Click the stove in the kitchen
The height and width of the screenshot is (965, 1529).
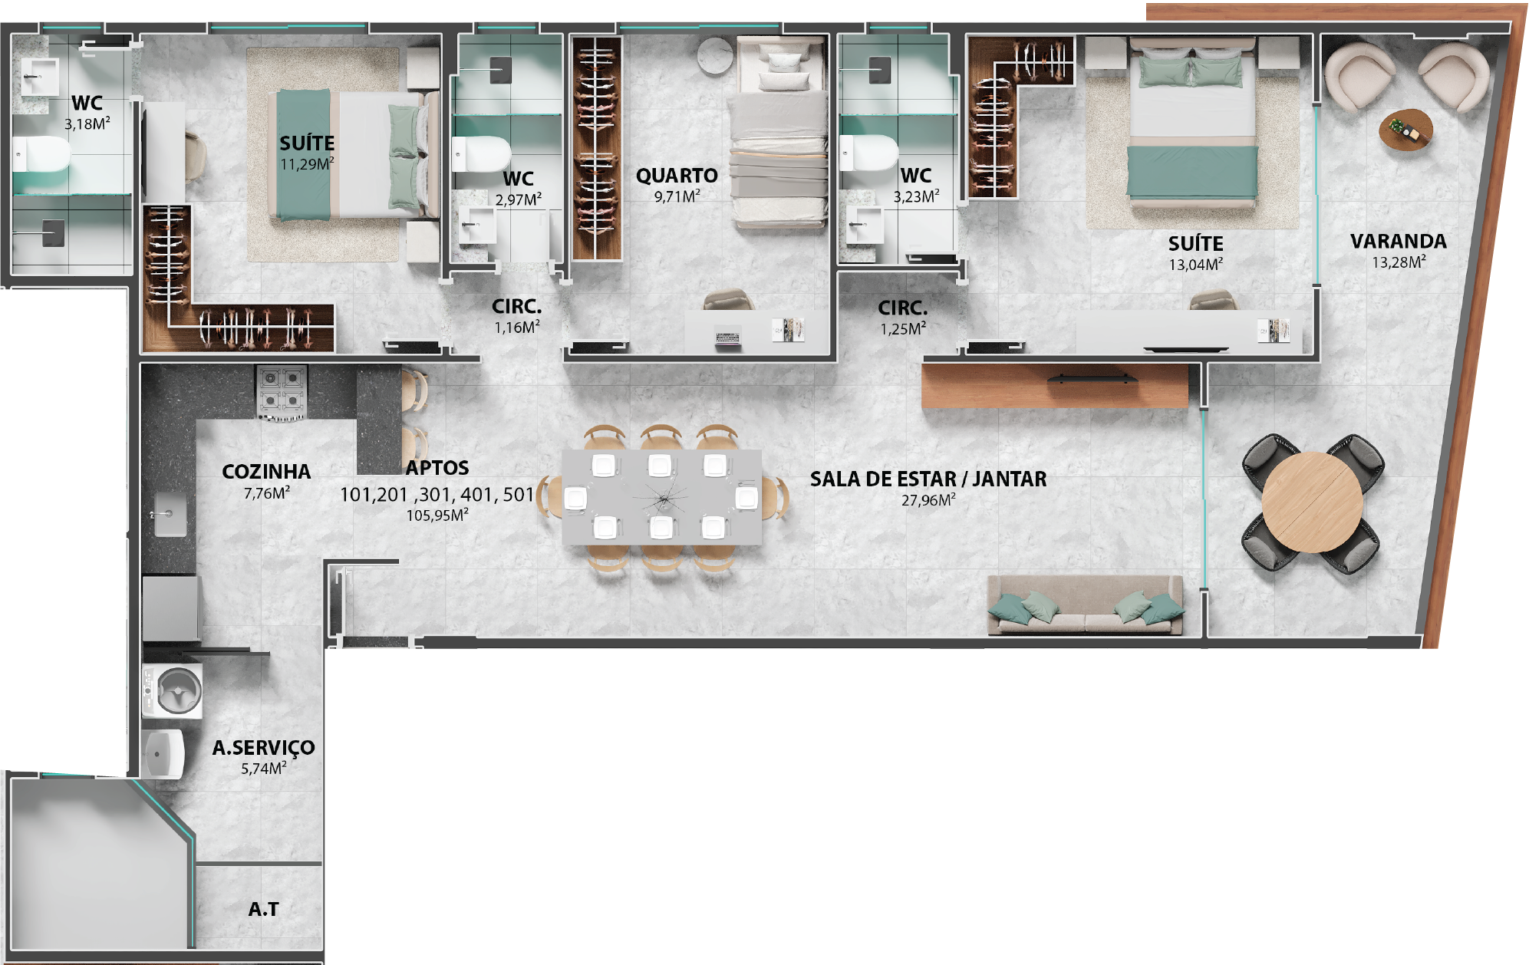pyautogui.click(x=282, y=393)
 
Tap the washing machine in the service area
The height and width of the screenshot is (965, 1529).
pyautogui.click(x=173, y=691)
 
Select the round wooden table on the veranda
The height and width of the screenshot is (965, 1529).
pyautogui.click(x=1312, y=502)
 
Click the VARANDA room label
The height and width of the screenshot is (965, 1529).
pyautogui.click(x=1398, y=242)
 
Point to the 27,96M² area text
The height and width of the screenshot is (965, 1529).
pyautogui.click(x=928, y=500)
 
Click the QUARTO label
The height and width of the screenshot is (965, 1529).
pyautogui.click(x=677, y=176)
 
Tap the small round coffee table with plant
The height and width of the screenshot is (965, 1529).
pyautogui.click(x=1405, y=129)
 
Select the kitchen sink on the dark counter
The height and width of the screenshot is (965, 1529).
pyautogui.click(x=170, y=513)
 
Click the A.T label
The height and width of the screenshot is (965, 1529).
pyautogui.click(x=263, y=909)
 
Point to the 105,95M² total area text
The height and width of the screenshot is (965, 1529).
pyautogui.click(x=437, y=515)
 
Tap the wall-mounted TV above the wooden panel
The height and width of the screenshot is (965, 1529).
pyautogui.click(x=1093, y=378)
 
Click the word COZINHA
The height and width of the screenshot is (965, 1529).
pyautogui.click(x=266, y=472)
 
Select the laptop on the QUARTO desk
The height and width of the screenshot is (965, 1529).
pyautogui.click(x=728, y=338)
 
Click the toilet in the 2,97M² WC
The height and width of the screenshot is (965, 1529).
pyautogui.click(x=481, y=154)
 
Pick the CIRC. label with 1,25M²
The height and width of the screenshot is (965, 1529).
pyautogui.click(x=903, y=308)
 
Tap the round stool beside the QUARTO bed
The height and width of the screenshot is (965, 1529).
pyautogui.click(x=715, y=56)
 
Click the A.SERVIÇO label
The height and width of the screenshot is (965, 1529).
pyautogui.click(x=263, y=748)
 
